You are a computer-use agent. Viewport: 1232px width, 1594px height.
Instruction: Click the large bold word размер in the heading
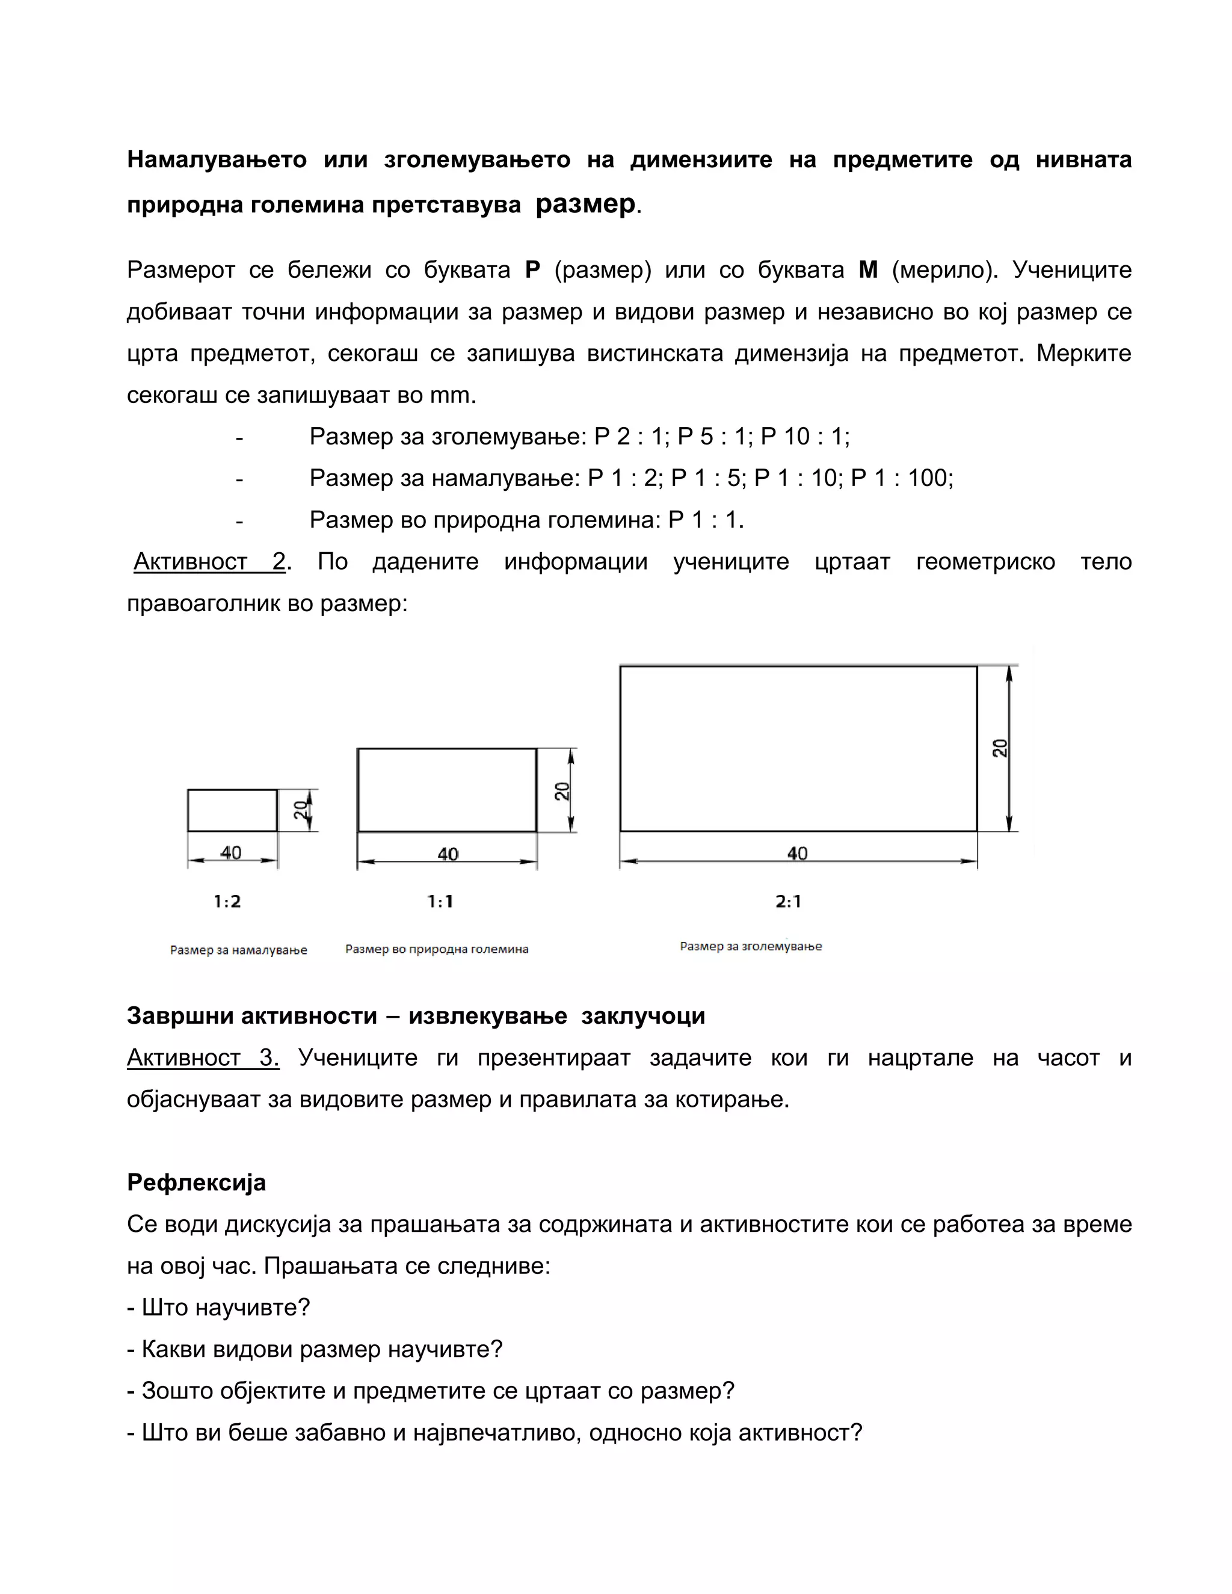(585, 204)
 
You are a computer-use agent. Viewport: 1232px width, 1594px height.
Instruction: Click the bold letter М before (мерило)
(868, 270)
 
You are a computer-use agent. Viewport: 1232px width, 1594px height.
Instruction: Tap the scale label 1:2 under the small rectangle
(227, 902)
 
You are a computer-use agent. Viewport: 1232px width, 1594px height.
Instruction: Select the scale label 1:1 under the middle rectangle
(440, 902)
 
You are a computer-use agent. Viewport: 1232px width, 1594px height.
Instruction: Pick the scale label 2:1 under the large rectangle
(788, 902)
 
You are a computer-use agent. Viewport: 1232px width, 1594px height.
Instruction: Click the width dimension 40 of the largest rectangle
(797, 853)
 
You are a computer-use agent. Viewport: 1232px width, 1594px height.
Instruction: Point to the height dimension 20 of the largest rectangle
(1000, 748)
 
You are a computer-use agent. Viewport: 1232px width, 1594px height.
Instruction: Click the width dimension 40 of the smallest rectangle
(230, 852)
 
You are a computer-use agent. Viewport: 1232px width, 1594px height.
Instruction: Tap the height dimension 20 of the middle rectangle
(562, 791)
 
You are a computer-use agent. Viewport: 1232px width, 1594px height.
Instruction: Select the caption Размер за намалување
(239, 950)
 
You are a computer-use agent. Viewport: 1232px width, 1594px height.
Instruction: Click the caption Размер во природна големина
(437, 950)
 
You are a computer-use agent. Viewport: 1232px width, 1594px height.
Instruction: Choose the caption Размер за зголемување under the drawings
(750, 947)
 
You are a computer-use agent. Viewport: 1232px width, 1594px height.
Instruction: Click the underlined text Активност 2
(210, 561)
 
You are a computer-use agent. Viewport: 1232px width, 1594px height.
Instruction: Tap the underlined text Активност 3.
(203, 1057)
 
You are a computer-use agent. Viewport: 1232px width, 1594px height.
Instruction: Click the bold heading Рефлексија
(196, 1183)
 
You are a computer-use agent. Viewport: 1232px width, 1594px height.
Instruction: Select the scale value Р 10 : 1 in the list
(804, 437)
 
